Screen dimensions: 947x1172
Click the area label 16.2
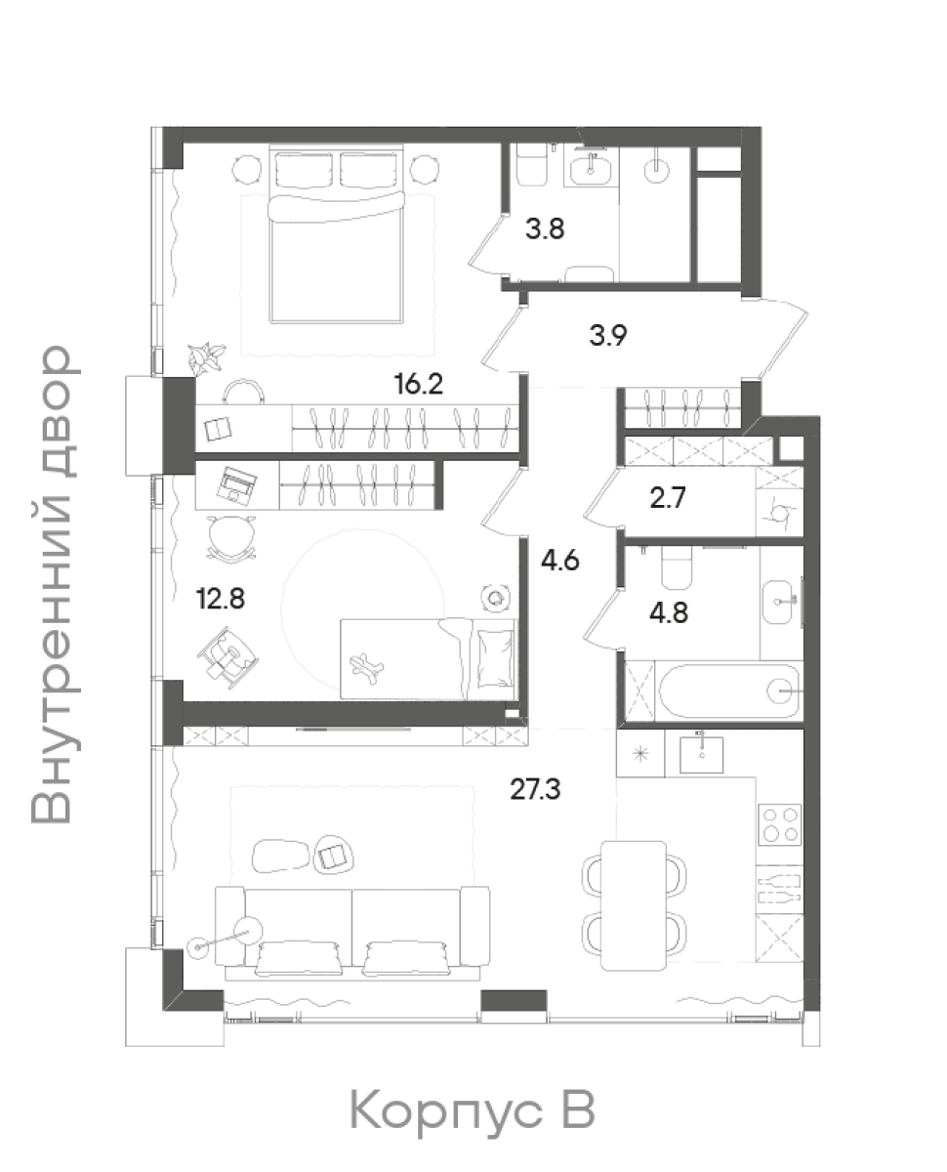[419, 384]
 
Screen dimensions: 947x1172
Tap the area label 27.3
[535, 789]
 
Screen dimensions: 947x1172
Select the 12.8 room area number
[221, 598]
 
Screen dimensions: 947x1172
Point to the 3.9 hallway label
[607, 336]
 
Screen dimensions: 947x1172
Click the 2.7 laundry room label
[668, 498]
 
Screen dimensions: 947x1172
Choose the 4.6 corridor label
[560, 562]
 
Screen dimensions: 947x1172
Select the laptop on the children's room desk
[236, 484]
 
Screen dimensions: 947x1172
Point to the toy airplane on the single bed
[367, 667]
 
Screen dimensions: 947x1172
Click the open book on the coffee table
[333, 857]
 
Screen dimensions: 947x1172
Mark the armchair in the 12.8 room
[227, 657]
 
